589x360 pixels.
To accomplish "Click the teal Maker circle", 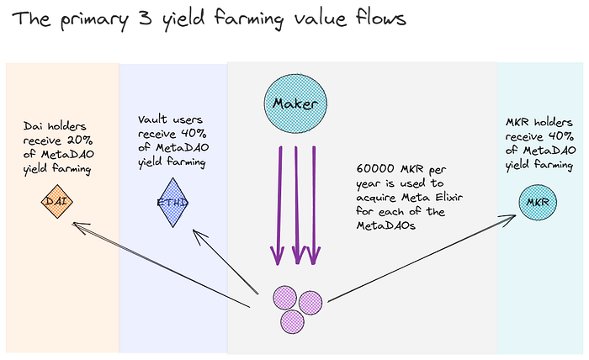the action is [x=294, y=103].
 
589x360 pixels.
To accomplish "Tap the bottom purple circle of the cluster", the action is [x=292, y=320].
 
